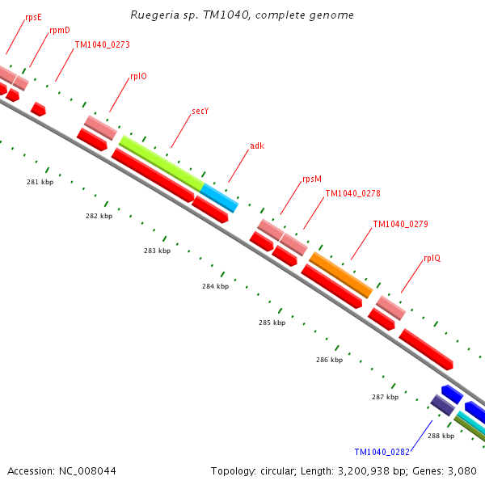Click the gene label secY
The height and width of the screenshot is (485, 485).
[200, 111]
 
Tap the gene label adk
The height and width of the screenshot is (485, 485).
[257, 145]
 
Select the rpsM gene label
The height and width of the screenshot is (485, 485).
[312, 179]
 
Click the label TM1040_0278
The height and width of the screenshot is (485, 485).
[352, 194]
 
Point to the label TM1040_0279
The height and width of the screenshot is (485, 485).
[400, 224]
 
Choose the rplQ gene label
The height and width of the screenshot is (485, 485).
[432, 259]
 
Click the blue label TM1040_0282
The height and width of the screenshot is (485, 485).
[382, 452]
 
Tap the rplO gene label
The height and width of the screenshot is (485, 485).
[138, 77]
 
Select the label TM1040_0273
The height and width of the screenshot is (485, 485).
[102, 45]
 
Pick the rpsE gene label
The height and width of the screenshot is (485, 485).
[33, 16]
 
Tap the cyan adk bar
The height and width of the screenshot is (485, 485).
[220, 197]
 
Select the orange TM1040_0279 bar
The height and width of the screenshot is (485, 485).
[341, 274]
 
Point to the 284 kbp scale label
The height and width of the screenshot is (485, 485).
[215, 286]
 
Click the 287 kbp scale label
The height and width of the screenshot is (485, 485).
[385, 397]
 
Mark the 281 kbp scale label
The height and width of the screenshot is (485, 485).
[40, 183]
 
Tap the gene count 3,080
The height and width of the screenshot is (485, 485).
[462, 470]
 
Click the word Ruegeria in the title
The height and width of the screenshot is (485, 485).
[154, 15]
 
